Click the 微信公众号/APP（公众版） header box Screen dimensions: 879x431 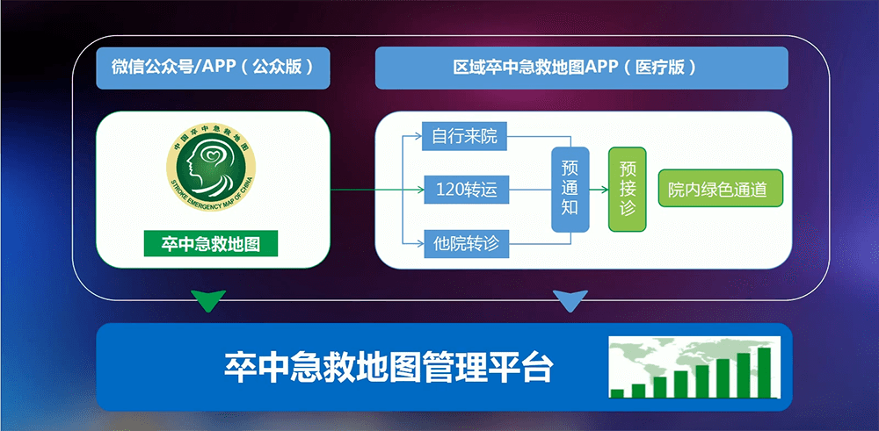pos(213,68)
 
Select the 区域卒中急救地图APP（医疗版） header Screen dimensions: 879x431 pos(581,68)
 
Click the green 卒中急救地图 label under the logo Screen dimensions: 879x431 pos(211,243)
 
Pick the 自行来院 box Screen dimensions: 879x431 pos(464,136)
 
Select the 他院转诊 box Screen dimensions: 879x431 pos(467,244)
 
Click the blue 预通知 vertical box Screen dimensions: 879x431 pos(570,190)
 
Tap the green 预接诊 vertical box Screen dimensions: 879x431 pos(628,190)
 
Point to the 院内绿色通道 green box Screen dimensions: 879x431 pos(720,190)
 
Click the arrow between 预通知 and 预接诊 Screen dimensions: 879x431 pos(599,190)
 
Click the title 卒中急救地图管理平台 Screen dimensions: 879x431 pos(389,367)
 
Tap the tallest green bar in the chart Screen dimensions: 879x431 pos(765,372)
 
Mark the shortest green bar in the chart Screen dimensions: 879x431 pos(617,393)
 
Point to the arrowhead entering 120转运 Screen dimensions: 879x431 pos(420,190)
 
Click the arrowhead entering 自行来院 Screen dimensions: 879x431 pos(418,135)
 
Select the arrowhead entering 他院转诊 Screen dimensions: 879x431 pos(420,243)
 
